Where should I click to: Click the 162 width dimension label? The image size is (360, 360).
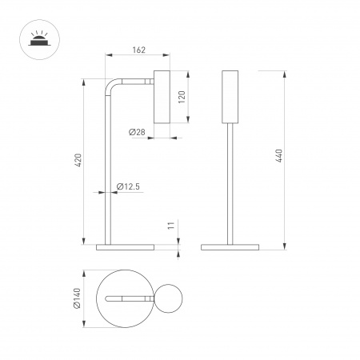click(138, 50)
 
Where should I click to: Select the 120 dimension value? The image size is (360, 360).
click(182, 97)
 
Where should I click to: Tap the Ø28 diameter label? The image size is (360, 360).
click(137, 131)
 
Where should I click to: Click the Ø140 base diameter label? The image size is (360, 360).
click(78, 299)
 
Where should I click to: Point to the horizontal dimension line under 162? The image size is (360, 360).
click(138, 58)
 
